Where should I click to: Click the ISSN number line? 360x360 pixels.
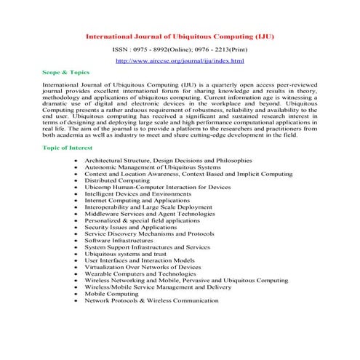(x=180, y=50)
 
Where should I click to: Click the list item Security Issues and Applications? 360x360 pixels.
(x=130, y=226)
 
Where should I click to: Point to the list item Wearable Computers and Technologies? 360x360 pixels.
(x=140, y=273)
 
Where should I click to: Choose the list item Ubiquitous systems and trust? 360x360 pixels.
(x=124, y=253)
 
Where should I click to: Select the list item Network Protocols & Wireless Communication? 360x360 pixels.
(x=151, y=300)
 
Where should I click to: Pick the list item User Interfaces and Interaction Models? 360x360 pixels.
(x=139, y=260)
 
